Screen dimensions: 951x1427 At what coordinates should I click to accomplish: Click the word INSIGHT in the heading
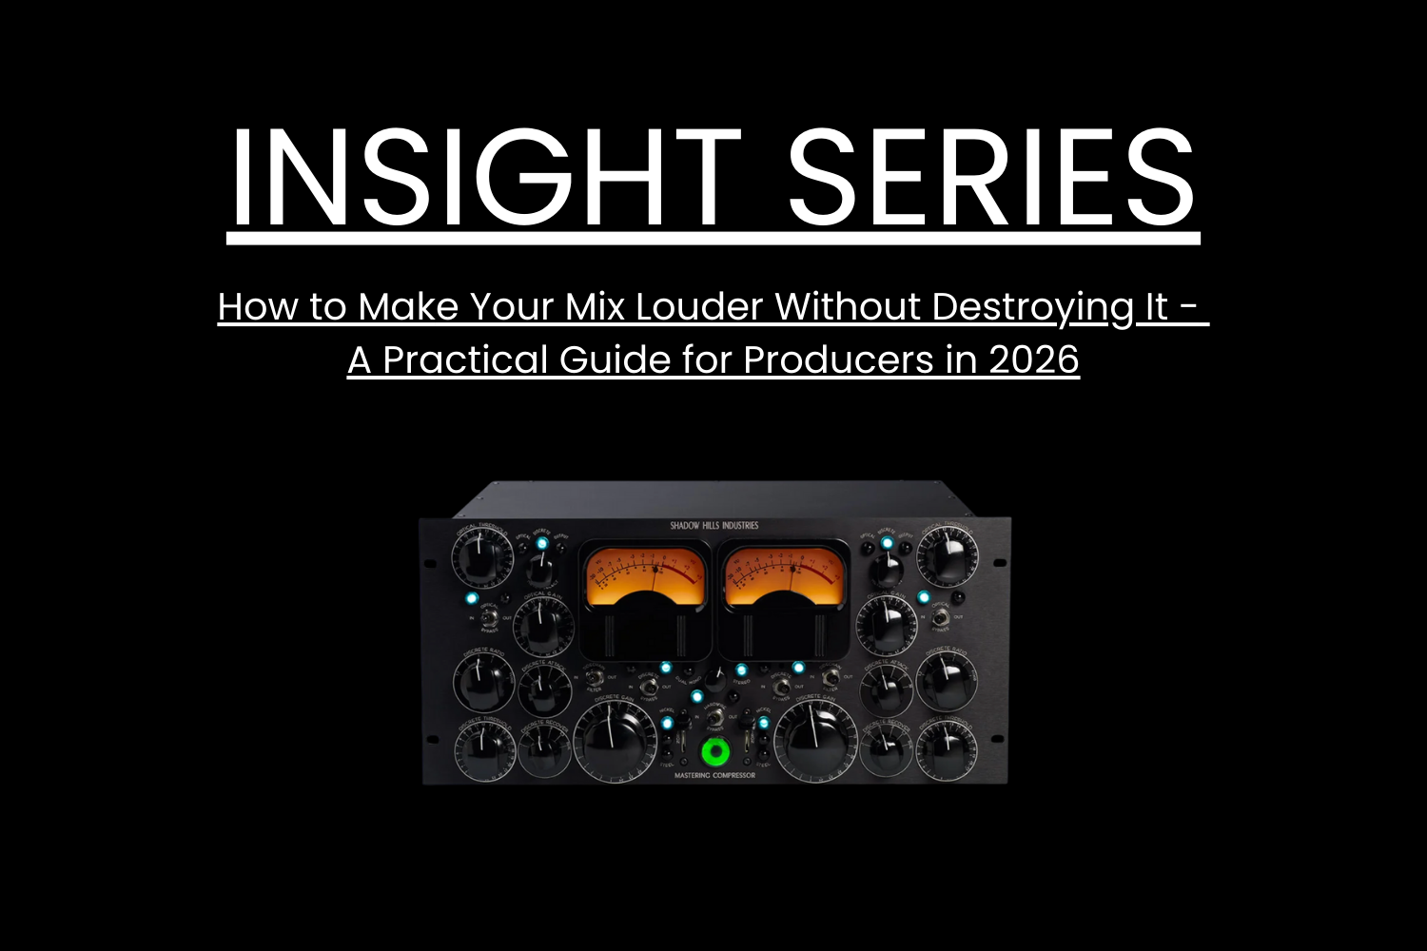tap(485, 178)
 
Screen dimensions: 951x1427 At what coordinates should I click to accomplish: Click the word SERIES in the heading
tap(991, 178)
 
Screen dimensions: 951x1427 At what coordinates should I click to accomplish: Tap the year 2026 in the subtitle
tap(1033, 359)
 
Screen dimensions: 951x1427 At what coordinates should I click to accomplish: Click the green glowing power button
tap(714, 752)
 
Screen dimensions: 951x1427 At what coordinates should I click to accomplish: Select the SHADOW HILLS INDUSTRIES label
tap(714, 525)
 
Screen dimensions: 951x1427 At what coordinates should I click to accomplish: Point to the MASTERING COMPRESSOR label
tap(714, 776)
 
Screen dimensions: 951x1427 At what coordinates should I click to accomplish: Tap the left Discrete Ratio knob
tap(484, 679)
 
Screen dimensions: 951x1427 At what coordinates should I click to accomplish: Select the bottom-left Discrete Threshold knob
tap(484, 747)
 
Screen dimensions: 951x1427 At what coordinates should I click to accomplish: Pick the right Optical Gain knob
tap(886, 624)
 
